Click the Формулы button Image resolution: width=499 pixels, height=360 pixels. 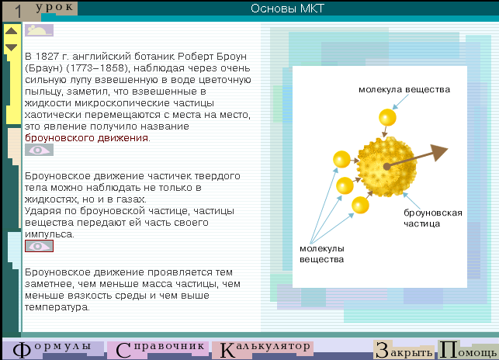pos(53,349)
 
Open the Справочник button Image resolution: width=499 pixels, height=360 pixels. pos(158,349)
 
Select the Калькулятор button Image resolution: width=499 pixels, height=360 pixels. pos(263,349)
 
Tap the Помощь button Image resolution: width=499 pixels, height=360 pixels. pos(467,349)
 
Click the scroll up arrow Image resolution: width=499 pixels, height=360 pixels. pos(11,31)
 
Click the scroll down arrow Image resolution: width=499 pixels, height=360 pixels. pos(11,47)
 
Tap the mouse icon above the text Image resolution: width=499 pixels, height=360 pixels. pos(39,30)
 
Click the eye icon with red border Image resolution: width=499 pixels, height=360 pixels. pos(39,246)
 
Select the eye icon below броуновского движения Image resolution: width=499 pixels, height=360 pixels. pos(39,150)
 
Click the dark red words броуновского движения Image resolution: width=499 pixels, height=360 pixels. pos(87,138)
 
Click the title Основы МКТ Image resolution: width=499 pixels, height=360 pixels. pos(287,9)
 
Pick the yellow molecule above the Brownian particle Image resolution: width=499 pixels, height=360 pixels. pos(387,117)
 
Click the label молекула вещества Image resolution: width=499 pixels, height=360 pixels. pos(404,90)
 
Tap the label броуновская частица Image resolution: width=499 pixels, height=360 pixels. pos(433,218)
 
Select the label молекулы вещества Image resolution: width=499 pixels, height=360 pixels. pos(322,254)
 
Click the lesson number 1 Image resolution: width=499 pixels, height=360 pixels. pos(18,12)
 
